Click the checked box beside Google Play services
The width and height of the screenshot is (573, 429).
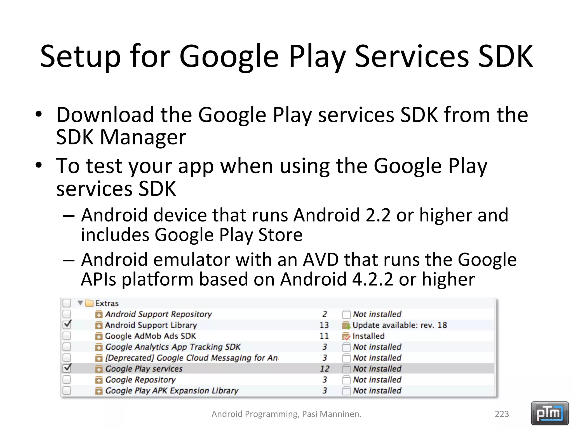point(67,368)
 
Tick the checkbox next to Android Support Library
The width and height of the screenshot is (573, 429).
point(67,325)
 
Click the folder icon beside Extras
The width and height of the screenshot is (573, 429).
point(89,303)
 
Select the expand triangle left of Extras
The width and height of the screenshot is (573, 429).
point(80,303)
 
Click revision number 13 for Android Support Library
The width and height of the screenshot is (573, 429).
point(324,325)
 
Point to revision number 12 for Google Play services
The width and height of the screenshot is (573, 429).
point(325,369)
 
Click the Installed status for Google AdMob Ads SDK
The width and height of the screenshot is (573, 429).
point(368,336)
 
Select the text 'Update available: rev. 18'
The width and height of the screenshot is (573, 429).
point(400,325)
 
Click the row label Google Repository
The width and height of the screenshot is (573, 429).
point(140,380)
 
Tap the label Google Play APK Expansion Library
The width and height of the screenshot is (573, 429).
point(172,390)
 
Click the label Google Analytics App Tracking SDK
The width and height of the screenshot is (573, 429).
point(173,347)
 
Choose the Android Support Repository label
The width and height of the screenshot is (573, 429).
point(158,314)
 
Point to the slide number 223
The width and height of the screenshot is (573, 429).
point(502,414)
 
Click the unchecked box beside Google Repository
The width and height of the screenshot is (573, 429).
point(67,380)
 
